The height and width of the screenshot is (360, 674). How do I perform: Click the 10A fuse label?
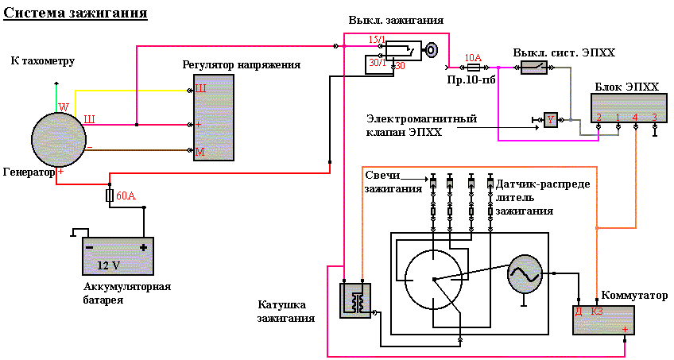click(473, 57)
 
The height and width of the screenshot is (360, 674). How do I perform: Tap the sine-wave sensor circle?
click(524, 273)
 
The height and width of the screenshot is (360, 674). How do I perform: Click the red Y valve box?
click(550, 119)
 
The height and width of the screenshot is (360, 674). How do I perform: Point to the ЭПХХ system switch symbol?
click(534, 68)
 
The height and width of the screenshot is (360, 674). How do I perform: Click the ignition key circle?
click(431, 49)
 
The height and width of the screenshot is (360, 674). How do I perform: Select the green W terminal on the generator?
click(64, 107)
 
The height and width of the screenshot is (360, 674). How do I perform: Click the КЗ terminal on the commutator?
click(597, 311)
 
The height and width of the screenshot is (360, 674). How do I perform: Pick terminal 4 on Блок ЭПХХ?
click(635, 118)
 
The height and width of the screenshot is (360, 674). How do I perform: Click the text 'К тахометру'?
click(43, 61)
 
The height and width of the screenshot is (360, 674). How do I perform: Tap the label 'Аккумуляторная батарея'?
click(126, 293)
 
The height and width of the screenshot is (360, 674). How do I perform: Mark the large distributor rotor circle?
click(434, 279)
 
